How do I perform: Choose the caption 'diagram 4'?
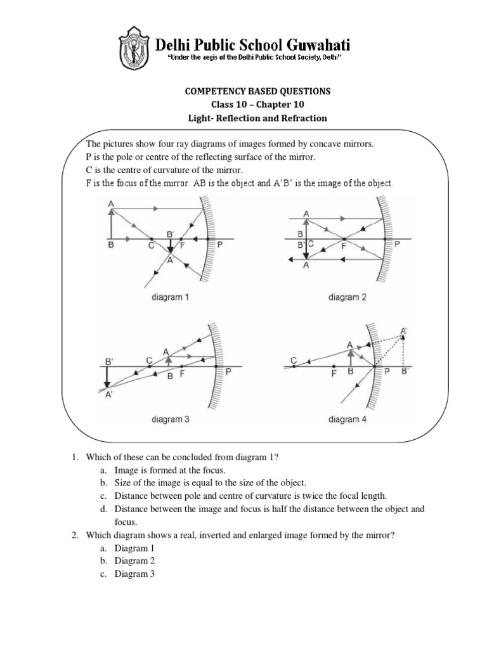click(x=344, y=419)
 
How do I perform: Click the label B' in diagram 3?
click(x=109, y=362)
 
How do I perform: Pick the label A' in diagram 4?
click(x=404, y=331)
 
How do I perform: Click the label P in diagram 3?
click(x=228, y=374)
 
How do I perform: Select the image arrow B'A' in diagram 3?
click(x=107, y=378)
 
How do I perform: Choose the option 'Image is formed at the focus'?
click(x=170, y=470)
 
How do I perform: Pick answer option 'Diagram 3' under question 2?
click(x=135, y=574)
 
